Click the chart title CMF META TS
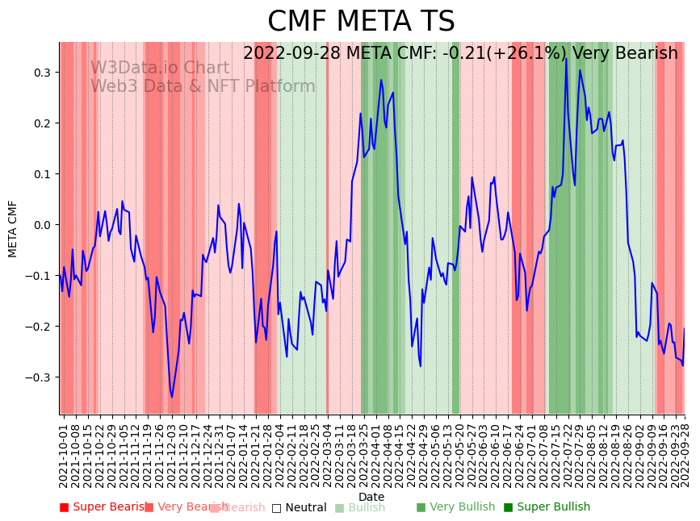(361, 22)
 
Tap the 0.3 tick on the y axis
(43, 73)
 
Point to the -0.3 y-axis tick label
(39, 377)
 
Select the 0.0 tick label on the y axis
(43, 225)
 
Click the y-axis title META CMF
(13, 229)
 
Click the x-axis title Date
(371, 497)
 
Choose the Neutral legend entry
(300, 508)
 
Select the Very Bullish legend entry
(456, 507)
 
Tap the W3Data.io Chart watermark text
(159, 68)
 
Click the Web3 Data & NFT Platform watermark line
(203, 86)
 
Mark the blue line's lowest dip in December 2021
(171, 397)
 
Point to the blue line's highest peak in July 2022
(566, 59)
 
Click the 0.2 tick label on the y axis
(43, 123)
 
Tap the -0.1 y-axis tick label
(39, 276)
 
